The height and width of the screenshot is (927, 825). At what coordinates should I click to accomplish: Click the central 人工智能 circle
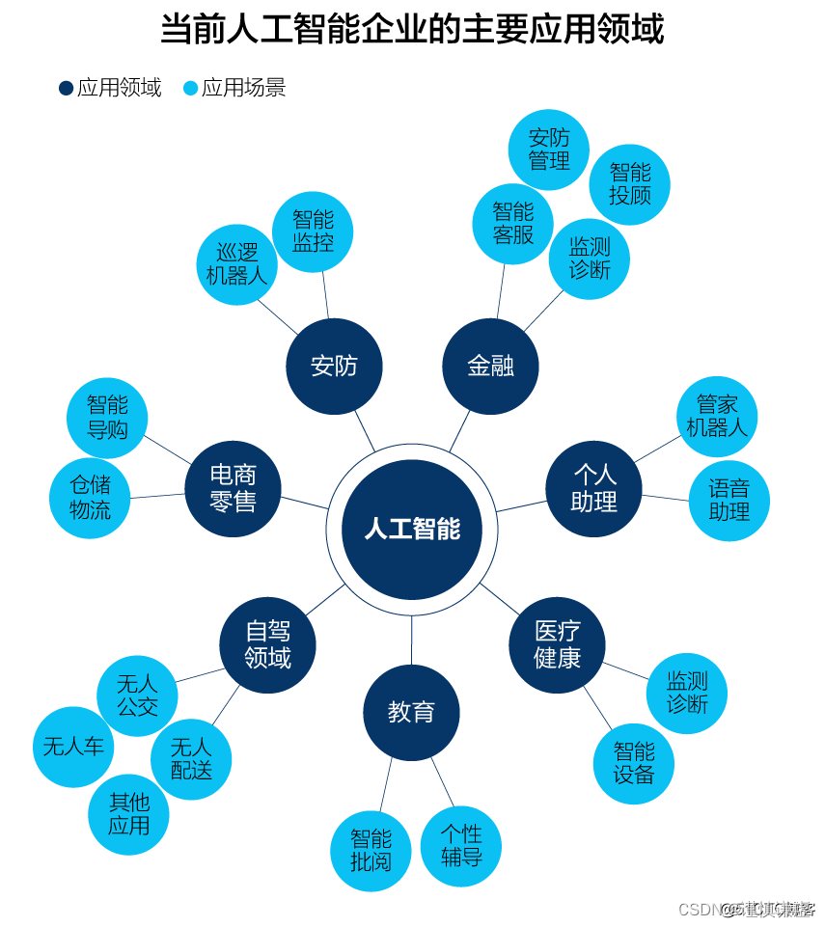(412, 530)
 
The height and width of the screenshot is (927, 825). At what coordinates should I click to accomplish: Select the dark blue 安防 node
(334, 367)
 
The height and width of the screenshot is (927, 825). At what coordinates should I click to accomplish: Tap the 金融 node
(490, 367)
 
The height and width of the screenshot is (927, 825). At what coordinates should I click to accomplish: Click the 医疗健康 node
(557, 644)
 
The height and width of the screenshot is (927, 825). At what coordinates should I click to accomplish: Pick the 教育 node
(411, 713)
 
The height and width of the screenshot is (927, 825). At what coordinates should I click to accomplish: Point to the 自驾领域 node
(267, 644)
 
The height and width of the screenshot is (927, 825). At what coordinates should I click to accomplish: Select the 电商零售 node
(233, 489)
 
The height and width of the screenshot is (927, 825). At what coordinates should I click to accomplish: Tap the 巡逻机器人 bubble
(236, 264)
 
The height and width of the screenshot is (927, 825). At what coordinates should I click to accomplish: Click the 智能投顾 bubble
(629, 184)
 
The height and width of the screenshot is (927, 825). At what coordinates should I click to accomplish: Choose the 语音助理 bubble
(729, 501)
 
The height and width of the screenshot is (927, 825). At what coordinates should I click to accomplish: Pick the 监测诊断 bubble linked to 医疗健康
(686, 693)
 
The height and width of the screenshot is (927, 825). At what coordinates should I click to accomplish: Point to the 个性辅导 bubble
(461, 845)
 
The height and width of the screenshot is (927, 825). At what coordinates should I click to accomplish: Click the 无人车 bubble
(73, 747)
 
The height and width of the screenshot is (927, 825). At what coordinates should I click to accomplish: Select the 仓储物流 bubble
(90, 498)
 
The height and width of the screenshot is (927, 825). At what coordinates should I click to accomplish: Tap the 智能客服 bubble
(512, 223)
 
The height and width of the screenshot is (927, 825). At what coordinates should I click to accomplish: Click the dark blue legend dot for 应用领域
(66, 89)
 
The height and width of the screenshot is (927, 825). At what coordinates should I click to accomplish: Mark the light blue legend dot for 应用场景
(190, 89)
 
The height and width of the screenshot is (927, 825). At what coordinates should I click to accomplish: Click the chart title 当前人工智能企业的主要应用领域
(412, 30)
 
